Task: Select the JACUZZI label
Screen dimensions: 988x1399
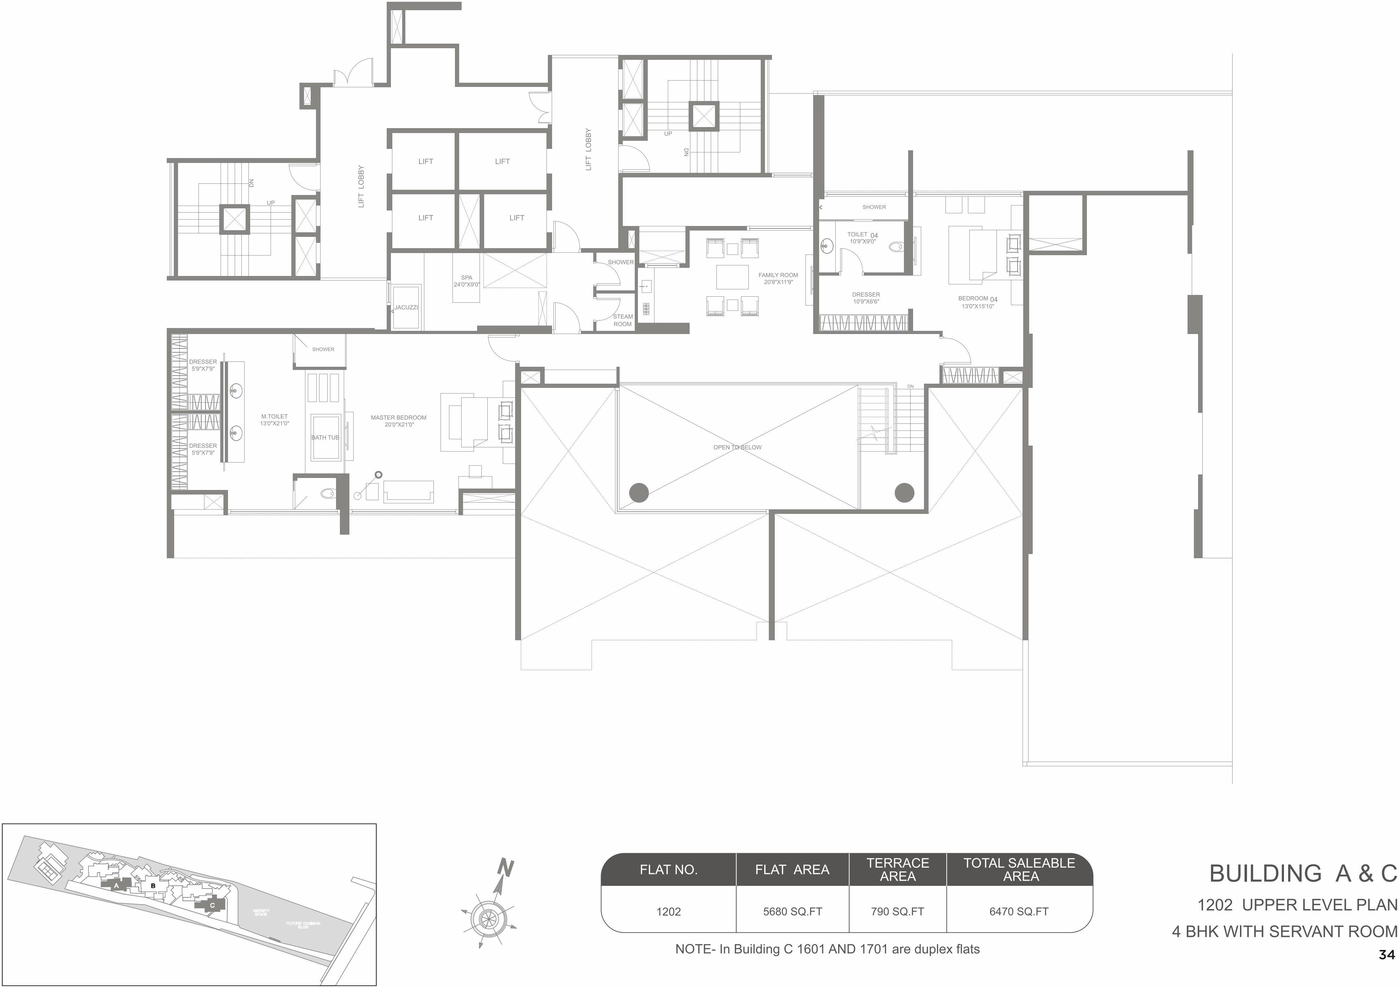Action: [x=406, y=308]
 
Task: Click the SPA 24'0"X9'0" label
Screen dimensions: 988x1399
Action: [x=467, y=281]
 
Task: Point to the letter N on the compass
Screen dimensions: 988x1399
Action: [x=506, y=867]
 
